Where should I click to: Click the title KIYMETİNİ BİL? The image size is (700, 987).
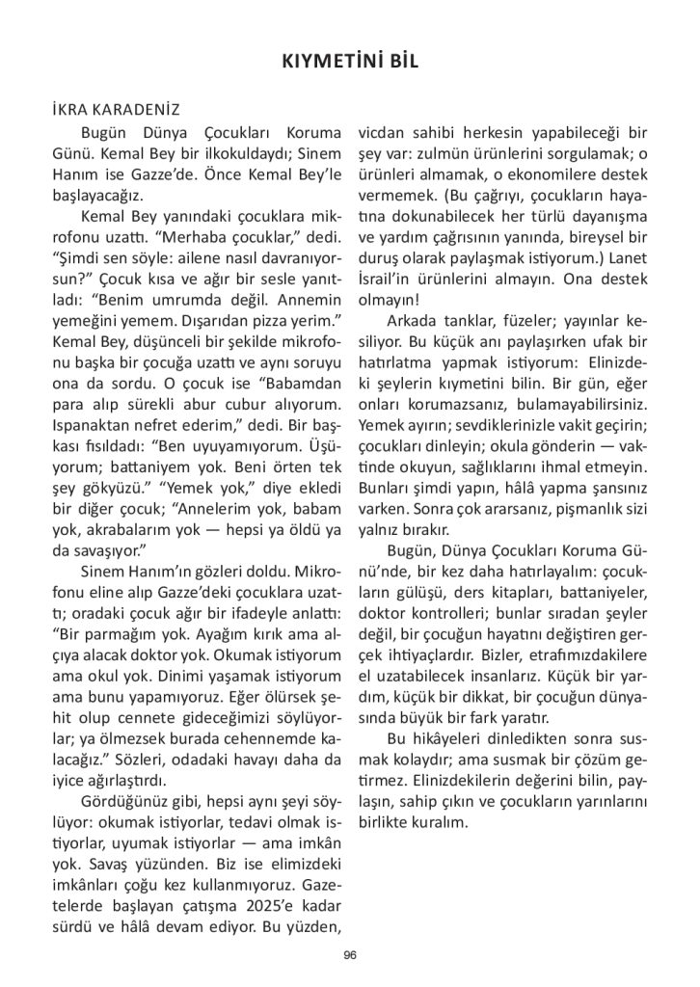[349, 61]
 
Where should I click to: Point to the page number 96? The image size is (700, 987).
[349, 955]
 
